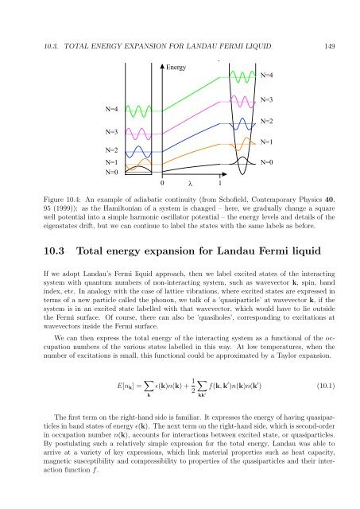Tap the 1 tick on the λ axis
[220, 182]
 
